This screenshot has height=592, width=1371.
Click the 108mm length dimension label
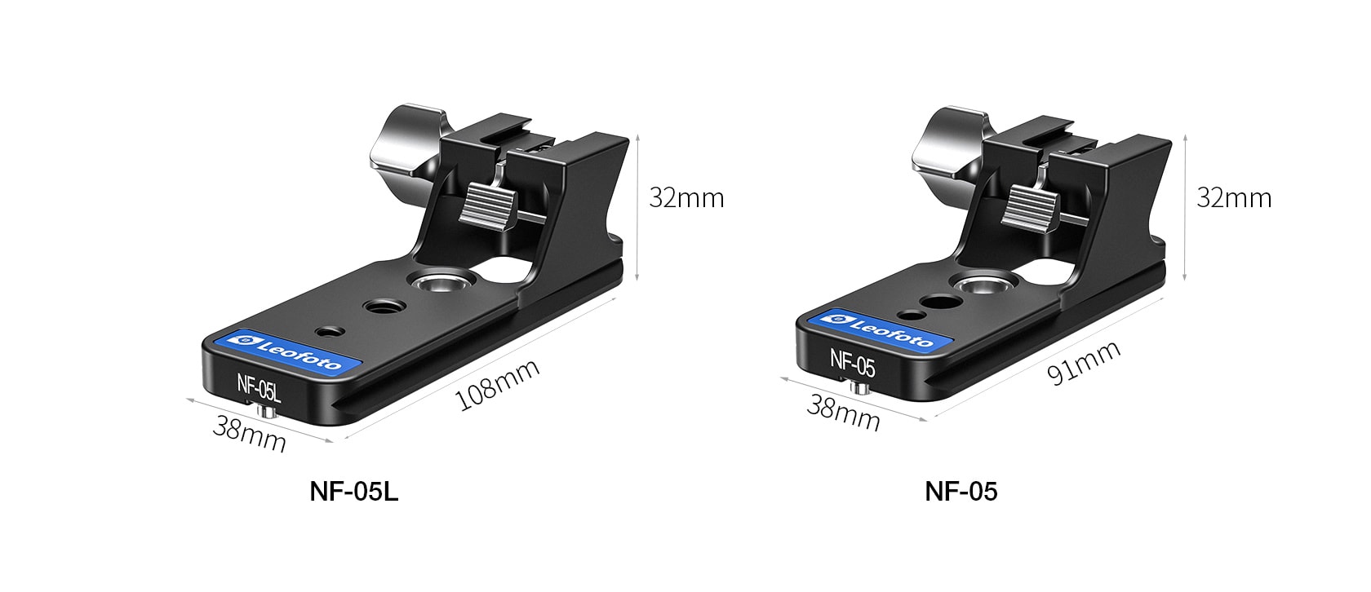498,384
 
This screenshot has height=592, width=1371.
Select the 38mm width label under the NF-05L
249,433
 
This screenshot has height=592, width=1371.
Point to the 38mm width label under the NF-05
844,413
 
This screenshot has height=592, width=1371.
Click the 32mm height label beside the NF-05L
686,197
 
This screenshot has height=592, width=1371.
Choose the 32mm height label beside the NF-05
1234,197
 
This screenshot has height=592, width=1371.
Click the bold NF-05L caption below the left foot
354,491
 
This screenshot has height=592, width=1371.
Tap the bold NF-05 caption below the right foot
961,491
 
